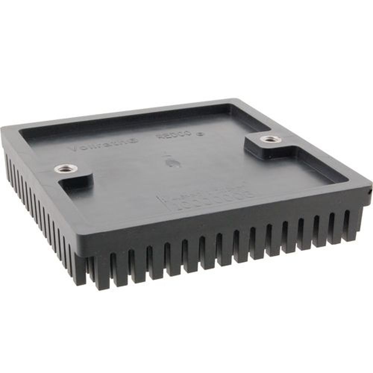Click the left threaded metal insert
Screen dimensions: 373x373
point(66,169)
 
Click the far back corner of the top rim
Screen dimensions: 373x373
point(234,100)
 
